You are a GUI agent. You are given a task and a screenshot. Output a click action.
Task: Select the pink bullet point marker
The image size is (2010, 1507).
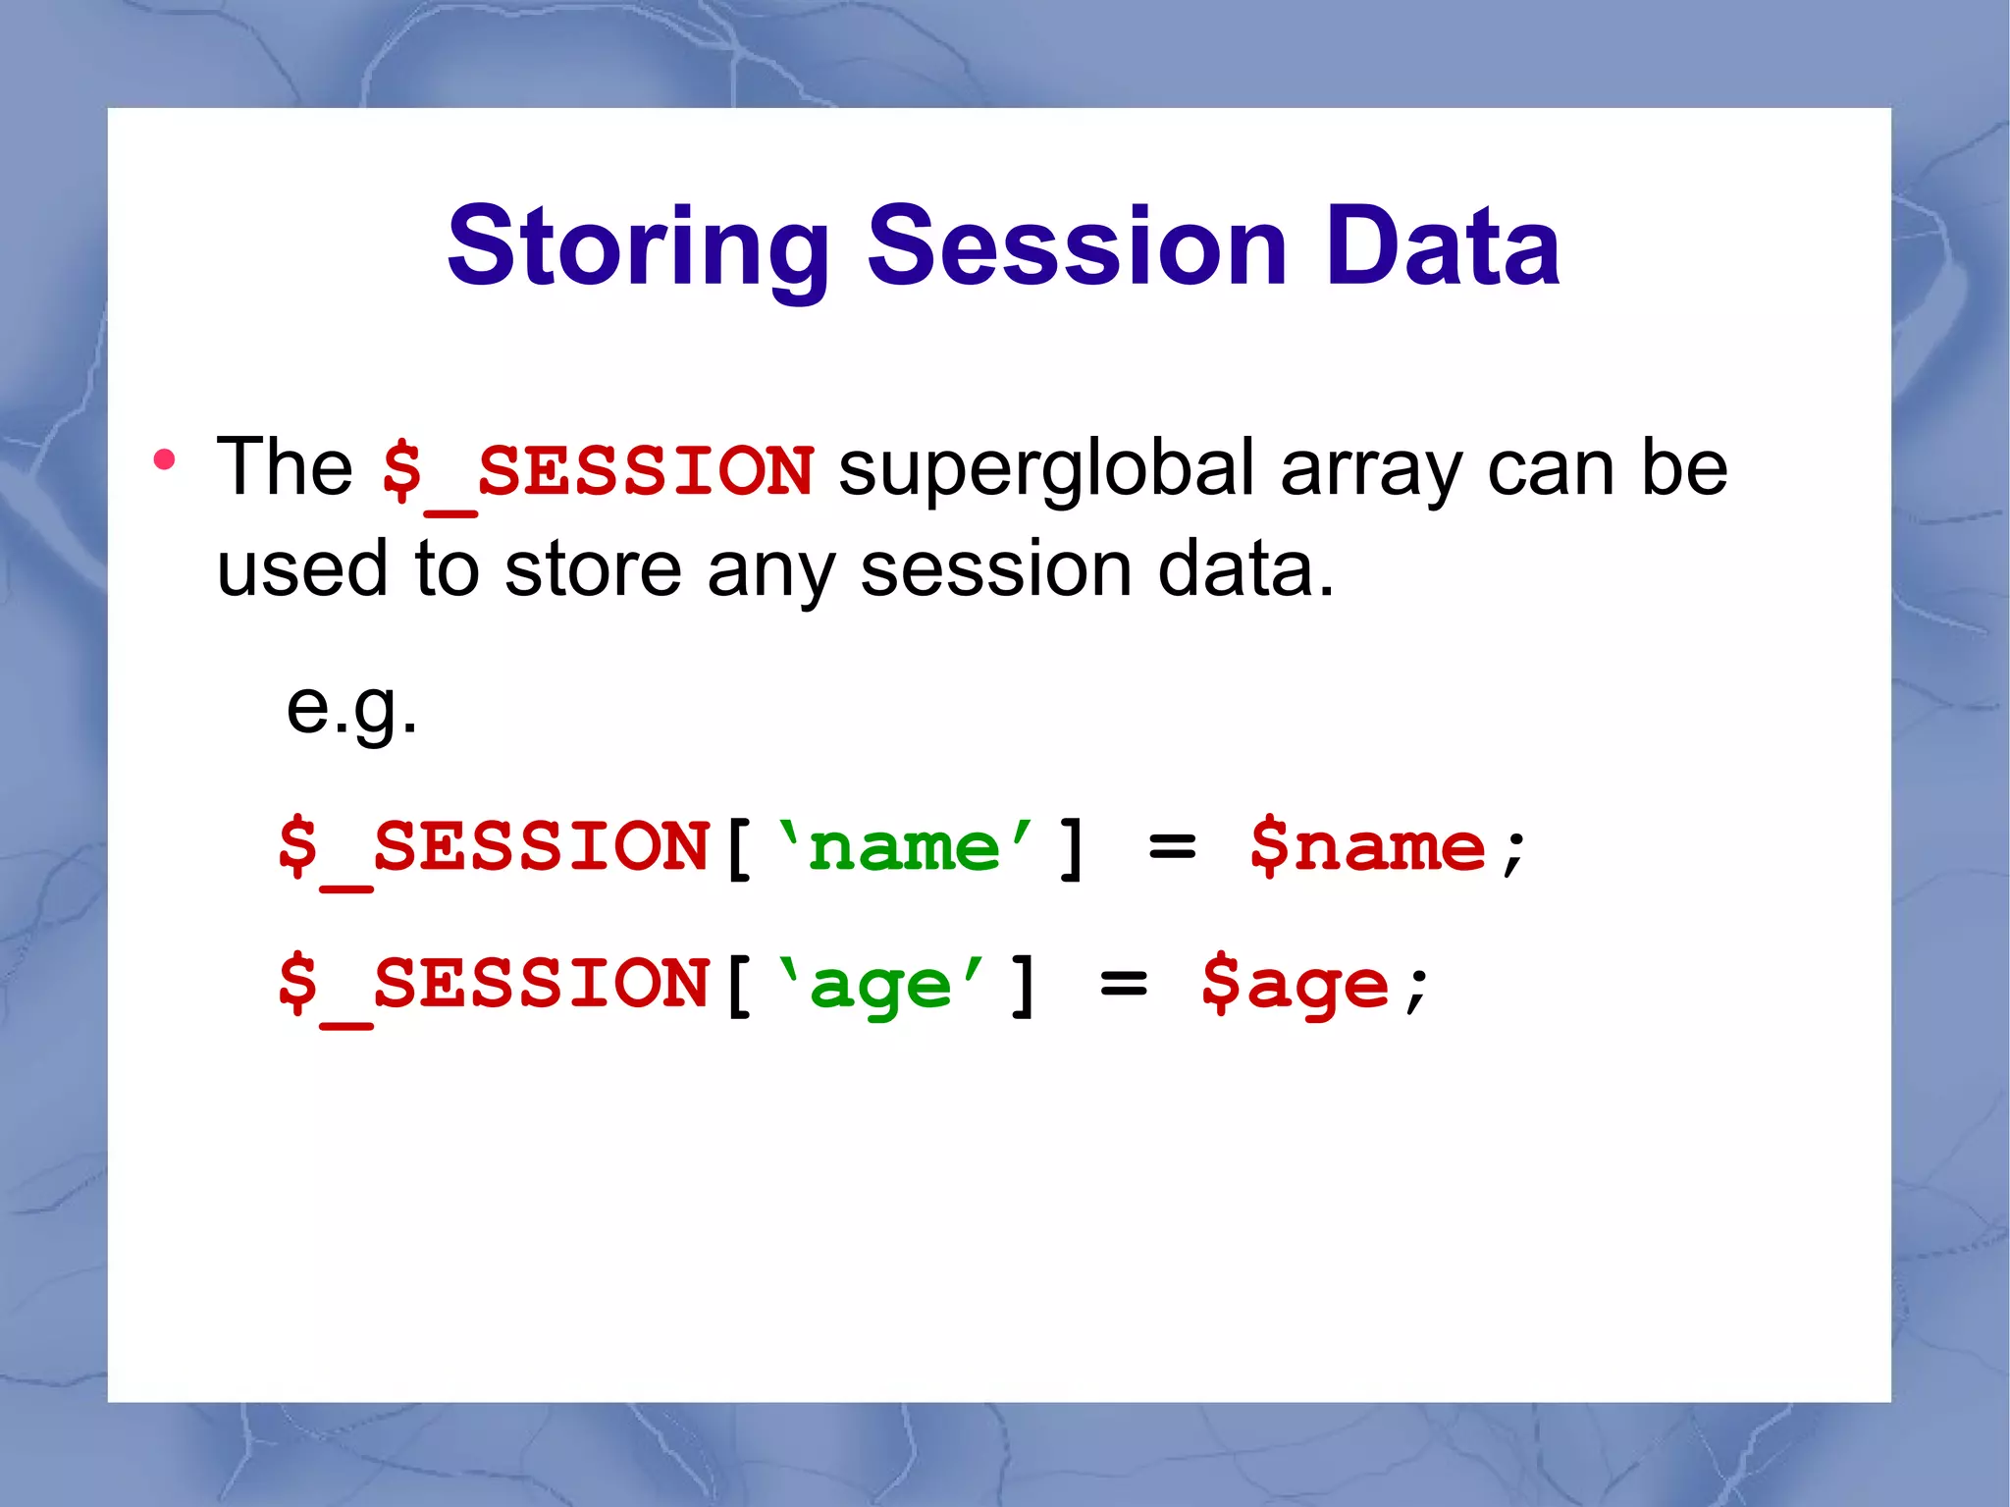[x=165, y=459]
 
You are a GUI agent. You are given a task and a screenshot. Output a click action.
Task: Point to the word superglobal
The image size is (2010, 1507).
[x=1046, y=470]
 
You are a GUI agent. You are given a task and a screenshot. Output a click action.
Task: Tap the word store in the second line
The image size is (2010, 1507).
[x=593, y=570]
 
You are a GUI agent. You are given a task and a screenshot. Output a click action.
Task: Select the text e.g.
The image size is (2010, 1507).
[x=351, y=709]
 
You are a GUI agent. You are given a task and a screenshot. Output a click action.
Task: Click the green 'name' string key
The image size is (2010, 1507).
[x=904, y=847]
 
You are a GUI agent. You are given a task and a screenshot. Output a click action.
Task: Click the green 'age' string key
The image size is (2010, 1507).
[x=880, y=985]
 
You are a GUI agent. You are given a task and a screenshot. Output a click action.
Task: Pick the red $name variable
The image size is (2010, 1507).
[x=1367, y=847]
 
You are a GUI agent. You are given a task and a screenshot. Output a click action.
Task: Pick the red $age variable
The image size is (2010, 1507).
[x=1296, y=985]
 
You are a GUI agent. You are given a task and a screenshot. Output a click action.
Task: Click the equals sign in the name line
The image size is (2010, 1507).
[x=1172, y=847]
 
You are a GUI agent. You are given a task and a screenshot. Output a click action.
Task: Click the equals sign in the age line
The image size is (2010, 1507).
[x=1124, y=985]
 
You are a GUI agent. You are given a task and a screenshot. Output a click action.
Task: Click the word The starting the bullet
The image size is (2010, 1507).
[x=285, y=468]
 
